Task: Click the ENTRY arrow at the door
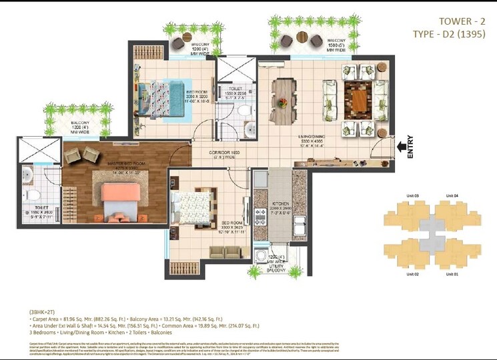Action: point(402,145)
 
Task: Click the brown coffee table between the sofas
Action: point(358,99)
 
